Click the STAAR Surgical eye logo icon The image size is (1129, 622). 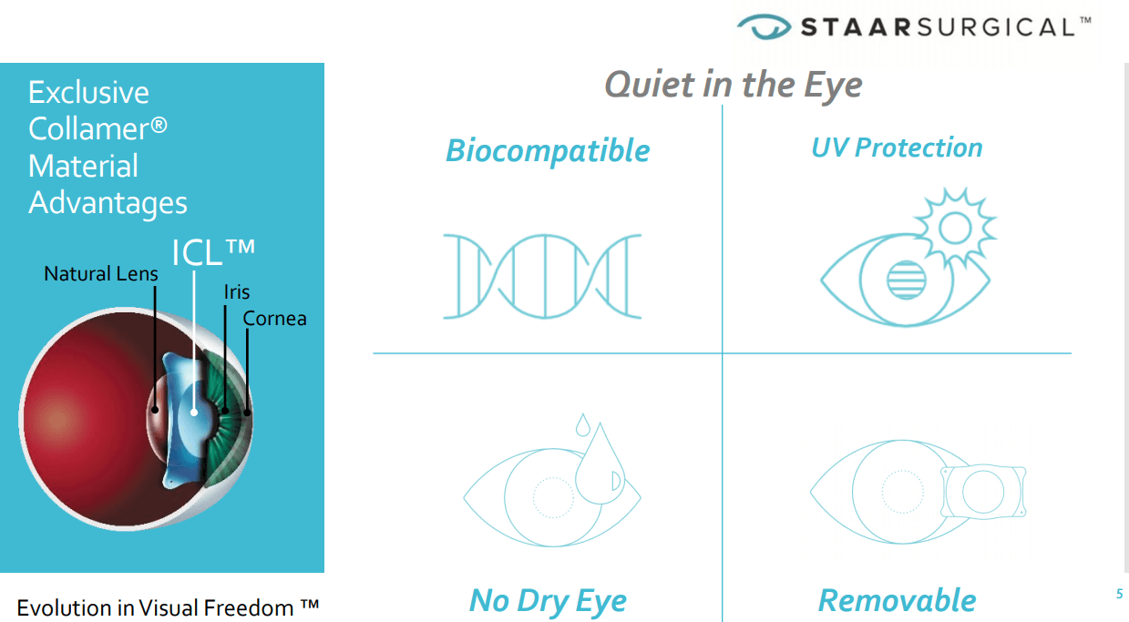point(765,27)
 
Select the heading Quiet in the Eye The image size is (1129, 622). point(733,85)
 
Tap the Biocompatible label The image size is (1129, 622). point(548,150)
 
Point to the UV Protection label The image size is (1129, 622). point(897,148)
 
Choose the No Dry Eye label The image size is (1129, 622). point(548,600)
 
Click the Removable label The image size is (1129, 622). point(897,600)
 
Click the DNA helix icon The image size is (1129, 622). point(542,276)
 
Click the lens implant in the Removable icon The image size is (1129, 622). point(982,492)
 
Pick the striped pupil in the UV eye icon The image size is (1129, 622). point(905,280)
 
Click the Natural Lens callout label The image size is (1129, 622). point(101,273)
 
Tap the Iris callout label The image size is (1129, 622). point(236,292)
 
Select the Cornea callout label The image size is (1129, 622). point(274,319)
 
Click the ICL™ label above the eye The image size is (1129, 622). point(212,252)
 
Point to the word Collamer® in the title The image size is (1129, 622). point(98,129)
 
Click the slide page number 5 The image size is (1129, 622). point(1119,595)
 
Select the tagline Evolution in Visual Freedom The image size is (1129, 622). point(169,607)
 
